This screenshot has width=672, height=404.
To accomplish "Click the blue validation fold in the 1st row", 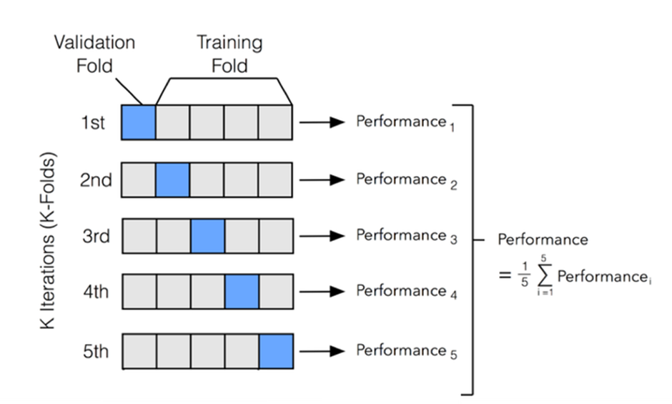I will (138, 122).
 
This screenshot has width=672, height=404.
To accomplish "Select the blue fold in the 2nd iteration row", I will (172, 179).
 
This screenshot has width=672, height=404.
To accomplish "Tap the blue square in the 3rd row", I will (207, 236).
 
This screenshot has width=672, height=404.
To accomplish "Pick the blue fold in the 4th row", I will (242, 291).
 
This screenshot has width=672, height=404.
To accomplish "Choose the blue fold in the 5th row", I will (276, 351).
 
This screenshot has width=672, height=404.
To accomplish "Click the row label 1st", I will (93, 123).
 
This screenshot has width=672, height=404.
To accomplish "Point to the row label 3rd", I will (95, 236).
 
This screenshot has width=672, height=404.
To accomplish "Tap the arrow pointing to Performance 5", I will (322, 351).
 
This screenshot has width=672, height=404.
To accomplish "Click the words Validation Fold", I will (94, 54).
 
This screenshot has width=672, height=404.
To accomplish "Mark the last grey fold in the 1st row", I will (276, 122).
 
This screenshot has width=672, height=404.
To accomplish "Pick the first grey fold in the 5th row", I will (138, 351).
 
